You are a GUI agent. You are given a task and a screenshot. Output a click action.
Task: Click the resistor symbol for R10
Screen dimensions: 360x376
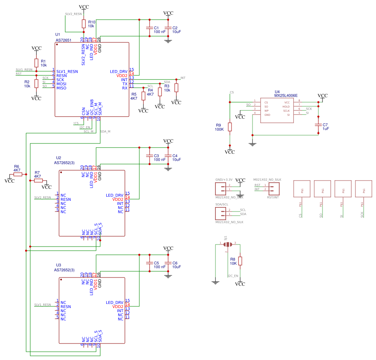coord(84,24)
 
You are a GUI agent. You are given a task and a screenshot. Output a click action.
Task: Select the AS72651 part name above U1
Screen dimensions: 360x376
coord(63,40)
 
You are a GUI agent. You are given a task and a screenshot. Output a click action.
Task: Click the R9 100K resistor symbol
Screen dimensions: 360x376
coord(230,127)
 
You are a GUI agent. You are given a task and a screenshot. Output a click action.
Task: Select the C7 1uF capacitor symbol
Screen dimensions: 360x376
coord(318,125)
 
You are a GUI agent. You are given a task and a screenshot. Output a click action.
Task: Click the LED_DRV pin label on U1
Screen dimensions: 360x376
coord(119,71)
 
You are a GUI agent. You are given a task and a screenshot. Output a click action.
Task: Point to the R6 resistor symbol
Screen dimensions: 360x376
coord(17,174)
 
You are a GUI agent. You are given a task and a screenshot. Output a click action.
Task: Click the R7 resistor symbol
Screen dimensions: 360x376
coord(38,181)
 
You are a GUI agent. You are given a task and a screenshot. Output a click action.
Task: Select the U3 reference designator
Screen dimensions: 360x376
coord(58,265)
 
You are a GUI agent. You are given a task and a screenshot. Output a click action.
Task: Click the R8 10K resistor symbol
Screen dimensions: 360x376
coord(240,261)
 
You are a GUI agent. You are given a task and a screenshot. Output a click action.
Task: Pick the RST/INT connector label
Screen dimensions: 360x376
coord(273,198)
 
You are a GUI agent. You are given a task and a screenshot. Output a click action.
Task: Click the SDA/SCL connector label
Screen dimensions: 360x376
coord(222,205)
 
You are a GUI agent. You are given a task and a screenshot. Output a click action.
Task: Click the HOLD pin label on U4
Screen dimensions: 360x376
coord(286,106)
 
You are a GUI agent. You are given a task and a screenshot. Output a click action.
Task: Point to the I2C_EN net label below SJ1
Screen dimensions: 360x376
coord(233,275)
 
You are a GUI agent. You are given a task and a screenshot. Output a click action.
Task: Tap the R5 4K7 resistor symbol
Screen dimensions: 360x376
coord(143,96)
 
